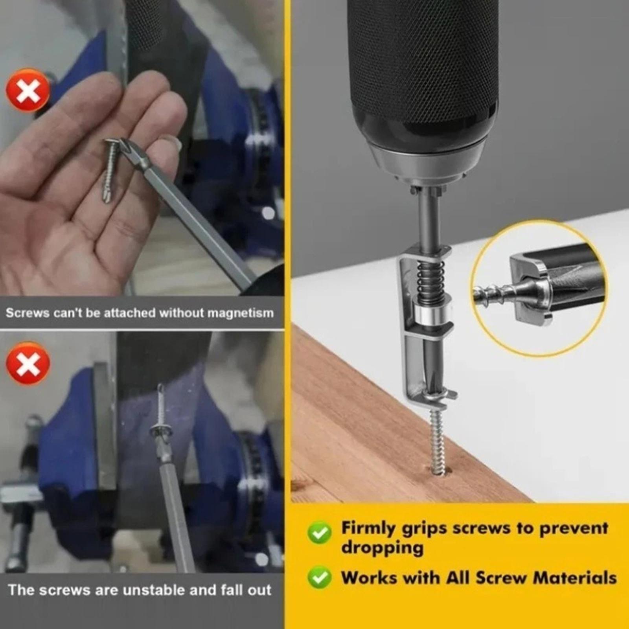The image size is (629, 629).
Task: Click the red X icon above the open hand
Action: [x=28, y=91]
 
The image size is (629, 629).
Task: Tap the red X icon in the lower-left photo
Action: [x=28, y=364]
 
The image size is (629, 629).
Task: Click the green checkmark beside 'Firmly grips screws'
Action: [x=320, y=533]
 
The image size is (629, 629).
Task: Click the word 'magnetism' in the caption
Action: [x=240, y=313]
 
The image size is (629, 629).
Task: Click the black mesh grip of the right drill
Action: [x=423, y=59]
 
